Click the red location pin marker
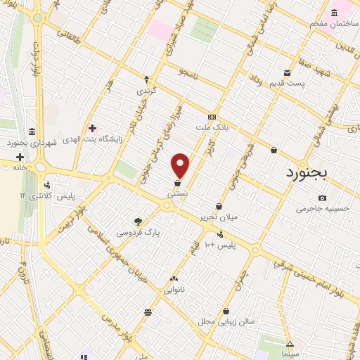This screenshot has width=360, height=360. tap(181, 165)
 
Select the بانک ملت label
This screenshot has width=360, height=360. tap(213, 129)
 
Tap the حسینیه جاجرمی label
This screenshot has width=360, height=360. tap(321, 209)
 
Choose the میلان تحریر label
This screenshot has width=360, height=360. tap(218, 217)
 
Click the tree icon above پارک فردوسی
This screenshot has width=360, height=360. tap(138, 221)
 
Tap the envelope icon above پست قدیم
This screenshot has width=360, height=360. tap(287, 73)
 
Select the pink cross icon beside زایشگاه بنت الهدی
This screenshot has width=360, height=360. tap(92, 128)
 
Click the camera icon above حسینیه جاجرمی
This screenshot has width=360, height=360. tap(322, 198)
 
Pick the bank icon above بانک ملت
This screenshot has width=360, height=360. tap(212, 117)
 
